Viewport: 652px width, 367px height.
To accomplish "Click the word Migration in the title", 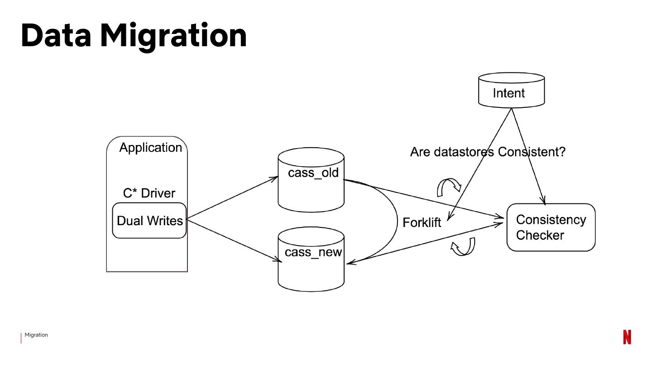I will coord(173,35).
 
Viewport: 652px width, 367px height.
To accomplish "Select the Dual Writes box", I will coord(149,221).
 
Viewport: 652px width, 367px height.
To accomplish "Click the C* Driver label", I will coord(149,193).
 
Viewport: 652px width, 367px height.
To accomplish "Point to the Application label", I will coord(150,148).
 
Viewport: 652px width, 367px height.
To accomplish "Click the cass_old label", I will coord(313,173).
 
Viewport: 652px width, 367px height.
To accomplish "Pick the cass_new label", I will coord(313,252).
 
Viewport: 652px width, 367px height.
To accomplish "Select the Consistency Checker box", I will coord(551,227).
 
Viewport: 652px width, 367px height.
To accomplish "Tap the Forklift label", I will coord(422,222).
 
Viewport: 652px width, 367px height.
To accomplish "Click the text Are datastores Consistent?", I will coord(488,152).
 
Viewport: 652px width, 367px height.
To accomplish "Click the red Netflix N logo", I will coord(627,337).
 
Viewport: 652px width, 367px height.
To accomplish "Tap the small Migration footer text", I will coord(36,335).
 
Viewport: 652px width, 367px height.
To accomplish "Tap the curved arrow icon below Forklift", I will coord(464,247).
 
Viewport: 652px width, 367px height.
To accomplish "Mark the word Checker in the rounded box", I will coord(540,235).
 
